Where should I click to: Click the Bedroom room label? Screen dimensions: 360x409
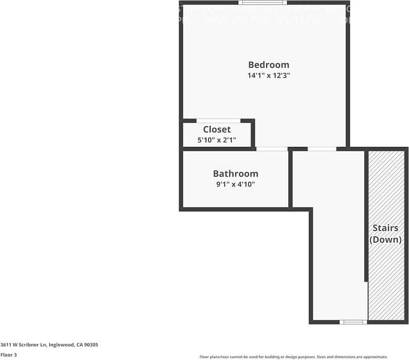pyautogui.click(x=269, y=65)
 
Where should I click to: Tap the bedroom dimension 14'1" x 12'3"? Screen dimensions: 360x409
pyautogui.click(x=269, y=75)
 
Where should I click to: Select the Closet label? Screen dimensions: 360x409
pyautogui.click(x=217, y=130)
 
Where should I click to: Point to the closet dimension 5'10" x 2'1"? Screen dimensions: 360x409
pyautogui.click(x=217, y=141)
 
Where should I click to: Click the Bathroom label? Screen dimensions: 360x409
pyautogui.click(x=235, y=174)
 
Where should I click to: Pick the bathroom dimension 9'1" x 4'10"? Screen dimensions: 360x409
pyautogui.click(x=235, y=185)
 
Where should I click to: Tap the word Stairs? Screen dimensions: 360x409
pyautogui.click(x=385, y=228)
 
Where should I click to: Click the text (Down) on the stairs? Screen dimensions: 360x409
pyautogui.click(x=386, y=239)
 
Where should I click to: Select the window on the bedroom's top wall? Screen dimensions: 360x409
pyautogui.click(x=263, y=3)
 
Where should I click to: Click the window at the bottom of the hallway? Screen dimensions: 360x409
pyautogui.click(x=353, y=322)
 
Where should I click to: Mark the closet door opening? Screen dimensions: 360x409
pyautogui.click(x=218, y=120)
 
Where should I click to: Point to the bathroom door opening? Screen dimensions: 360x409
pyautogui.click(x=272, y=149)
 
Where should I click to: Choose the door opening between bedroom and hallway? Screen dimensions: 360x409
pyautogui.click(x=322, y=149)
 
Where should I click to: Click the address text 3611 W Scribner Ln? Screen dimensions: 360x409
pyautogui.click(x=23, y=345)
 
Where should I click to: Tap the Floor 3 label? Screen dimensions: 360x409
pyautogui.click(x=8, y=355)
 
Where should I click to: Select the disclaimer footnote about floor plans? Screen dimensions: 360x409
pyautogui.click(x=293, y=357)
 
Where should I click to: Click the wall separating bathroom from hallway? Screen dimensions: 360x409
pyautogui.click(x=290, y=178)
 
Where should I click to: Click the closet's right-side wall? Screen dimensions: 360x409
pyautogui.click(x=253, y=134)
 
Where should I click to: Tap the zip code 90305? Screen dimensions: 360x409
pyautogui.click(x=91, y=345)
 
